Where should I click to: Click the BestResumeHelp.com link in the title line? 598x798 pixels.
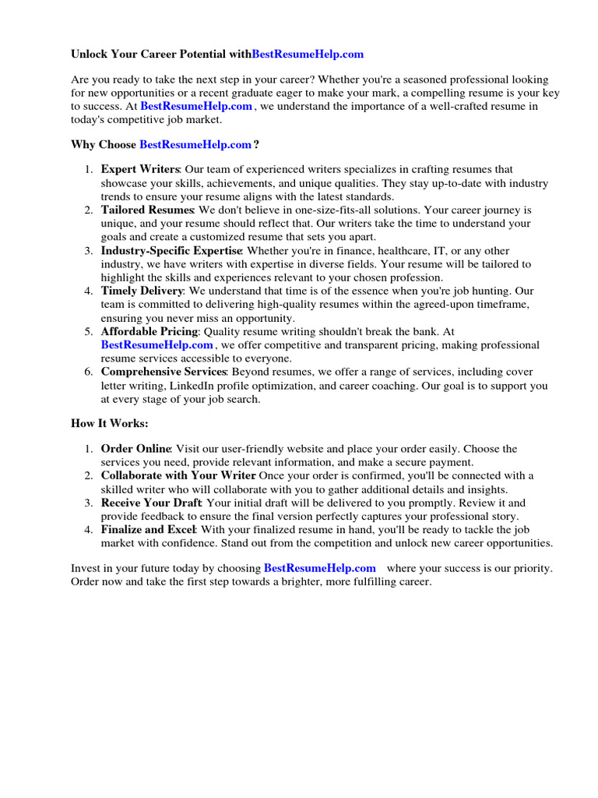(308, 55)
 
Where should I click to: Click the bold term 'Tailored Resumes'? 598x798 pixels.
(147, 210)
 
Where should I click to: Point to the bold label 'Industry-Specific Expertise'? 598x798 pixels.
(171, 250)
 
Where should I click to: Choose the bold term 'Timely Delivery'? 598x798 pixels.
(142, 291)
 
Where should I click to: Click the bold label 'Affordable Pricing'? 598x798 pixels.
(149, 331)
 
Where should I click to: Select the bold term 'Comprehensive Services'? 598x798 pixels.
(164, 372)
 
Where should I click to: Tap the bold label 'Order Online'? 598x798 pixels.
(135, 449)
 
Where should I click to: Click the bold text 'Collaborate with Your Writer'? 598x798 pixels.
(178, 475)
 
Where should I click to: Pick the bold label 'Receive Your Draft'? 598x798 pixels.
(151, 503)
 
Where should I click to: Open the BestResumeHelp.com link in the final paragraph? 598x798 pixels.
(319, 568)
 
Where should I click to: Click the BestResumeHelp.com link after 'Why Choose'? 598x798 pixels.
(195, 144)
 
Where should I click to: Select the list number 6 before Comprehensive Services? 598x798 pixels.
(88, 372)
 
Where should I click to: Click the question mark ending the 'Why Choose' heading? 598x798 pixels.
(256, 144)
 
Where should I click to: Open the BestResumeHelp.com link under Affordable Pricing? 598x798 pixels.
(157, 344)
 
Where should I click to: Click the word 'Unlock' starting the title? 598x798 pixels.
(90, 55)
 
